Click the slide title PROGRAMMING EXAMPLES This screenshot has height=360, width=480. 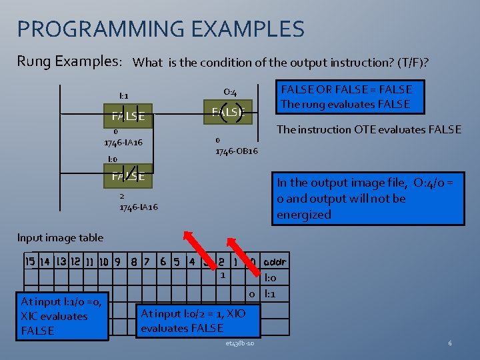[x=161, y=29]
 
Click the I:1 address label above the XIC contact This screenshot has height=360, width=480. [x=124, y=96]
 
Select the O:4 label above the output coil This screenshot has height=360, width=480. [x=230, y=92]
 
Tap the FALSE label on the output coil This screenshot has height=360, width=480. [x=228, y=112]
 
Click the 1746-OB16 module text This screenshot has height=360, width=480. [x=236, y=151]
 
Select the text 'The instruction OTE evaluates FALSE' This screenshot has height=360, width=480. [x=369, y=129]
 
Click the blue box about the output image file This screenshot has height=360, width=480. [x=369, y=199]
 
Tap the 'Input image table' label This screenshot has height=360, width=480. [x=60, y=237]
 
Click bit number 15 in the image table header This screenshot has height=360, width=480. [x=29, y=261]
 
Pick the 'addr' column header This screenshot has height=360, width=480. [x=275, y=261]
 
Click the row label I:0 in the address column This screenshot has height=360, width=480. [x=271, y=278]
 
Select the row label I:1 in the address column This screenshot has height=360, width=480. [x=271, y=293]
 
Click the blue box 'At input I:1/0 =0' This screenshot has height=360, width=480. [x=63, y=316]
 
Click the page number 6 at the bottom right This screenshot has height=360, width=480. [x=451, y=343]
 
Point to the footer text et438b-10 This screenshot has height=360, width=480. [x=239, y=343]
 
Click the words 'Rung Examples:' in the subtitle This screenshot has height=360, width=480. [x=69, y=61]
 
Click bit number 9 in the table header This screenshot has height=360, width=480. [x=117, y=261]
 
